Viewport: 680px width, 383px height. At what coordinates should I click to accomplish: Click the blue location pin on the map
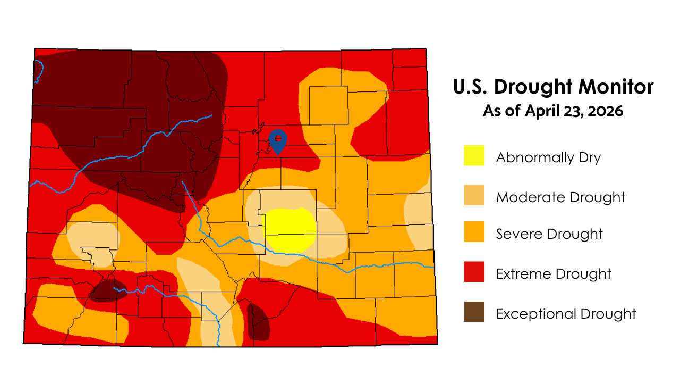pyautogui.click(x=277, y=140)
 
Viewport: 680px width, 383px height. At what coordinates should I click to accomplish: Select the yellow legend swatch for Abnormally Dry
pyautogui.click(x=474, y=155)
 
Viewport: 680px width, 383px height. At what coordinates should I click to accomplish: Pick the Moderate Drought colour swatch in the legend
pyautogui.click(x=474, y=195)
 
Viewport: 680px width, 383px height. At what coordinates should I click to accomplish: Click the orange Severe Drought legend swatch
pyautogui.click(x=474, y=232)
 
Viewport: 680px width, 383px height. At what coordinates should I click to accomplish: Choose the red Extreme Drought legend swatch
pyautogui.click(x=474, y=272)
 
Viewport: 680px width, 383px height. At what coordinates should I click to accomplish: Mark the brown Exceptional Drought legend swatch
pyautogui.click(x=474, y=312)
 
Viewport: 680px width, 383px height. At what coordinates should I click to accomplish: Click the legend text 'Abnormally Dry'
pyautogui.click(x=548, y=158)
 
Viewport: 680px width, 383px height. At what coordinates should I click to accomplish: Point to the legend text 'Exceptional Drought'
pyautogui.click(x=566, y=314)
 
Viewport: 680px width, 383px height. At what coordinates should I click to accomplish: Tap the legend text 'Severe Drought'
pyautogui.click(x=549, y=234)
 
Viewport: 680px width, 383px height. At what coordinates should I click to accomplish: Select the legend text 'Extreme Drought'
pyautogui.click(x=554, y=274)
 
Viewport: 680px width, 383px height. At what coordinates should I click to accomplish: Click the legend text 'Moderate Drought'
pyautogui.click(x=560, y=197)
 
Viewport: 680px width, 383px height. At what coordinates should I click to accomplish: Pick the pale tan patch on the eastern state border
pyautogui.click(x=419, y=221)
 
